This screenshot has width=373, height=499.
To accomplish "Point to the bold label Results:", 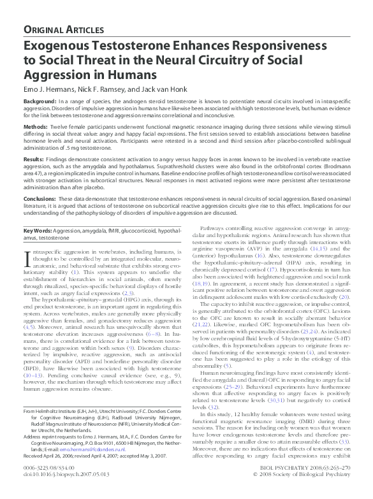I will [x=34, y=157].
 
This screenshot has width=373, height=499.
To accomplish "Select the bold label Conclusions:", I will [x=41, y=200].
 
